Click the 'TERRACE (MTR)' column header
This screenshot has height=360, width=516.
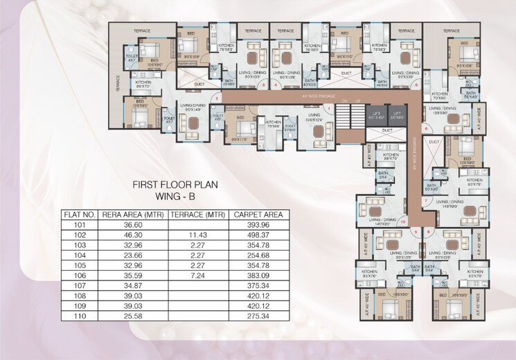click(x=197, y=214)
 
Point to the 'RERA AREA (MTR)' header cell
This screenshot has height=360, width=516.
click(x=132, y=214)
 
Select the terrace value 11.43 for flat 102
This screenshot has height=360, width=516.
click(x=197, y=235)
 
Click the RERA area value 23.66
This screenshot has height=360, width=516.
click(x=132, y=255)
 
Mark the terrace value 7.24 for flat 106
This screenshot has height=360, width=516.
click(x=197, y=276)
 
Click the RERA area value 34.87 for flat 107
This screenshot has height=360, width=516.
click(x=132, y=285)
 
